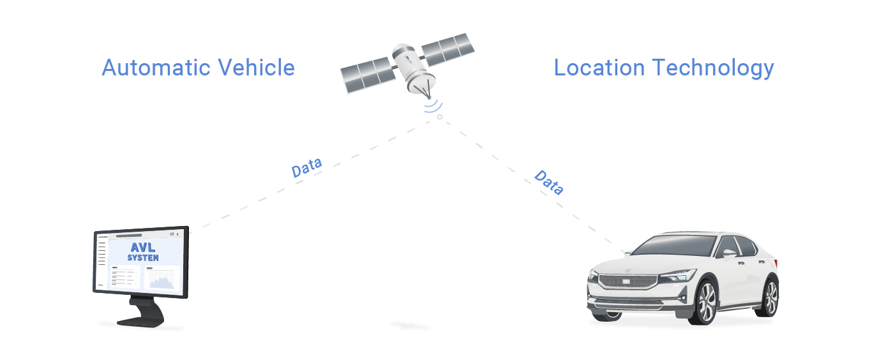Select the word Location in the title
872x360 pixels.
point(598,68)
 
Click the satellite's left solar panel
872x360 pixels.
point(368,75)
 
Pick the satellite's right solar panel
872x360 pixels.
point(446,50)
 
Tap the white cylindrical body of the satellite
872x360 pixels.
point(409,64)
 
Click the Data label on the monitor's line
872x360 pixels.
point(306,167)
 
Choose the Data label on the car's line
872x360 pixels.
point(548,183)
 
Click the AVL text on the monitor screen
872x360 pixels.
point(143,248)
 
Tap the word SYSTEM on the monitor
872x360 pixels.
point(143,258)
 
